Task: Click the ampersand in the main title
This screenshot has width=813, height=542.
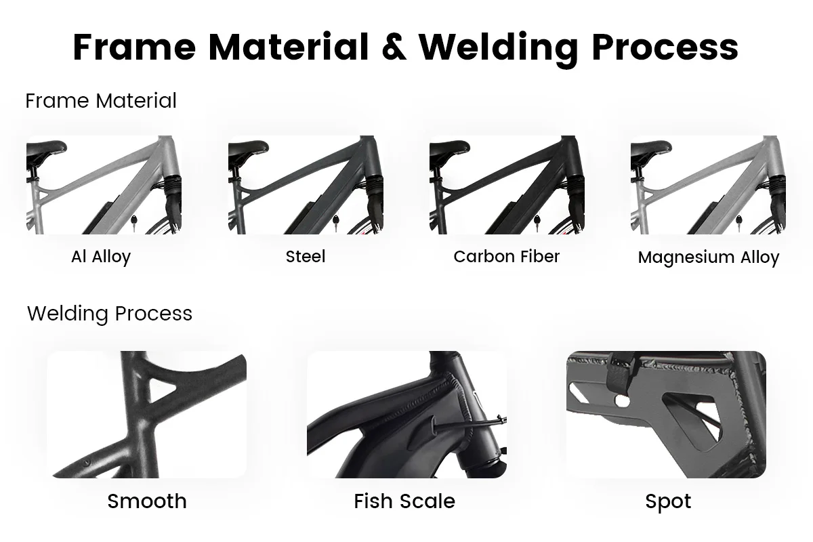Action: click(x=394, y=47)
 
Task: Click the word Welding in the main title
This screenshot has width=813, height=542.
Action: click(x=498, y=47)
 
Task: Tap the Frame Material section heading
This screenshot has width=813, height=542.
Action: click(x=101, y=101)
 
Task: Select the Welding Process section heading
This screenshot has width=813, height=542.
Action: click(x=110, y=314)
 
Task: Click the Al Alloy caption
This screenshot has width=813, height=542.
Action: click(x=101, y=257)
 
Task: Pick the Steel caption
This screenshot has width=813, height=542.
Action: click(x=306, y=257)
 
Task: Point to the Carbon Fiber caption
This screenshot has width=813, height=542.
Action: click(x=507, y=257)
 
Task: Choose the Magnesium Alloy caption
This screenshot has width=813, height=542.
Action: click(x=709, y=257)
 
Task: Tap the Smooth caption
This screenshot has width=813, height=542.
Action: click(x=147, y=501)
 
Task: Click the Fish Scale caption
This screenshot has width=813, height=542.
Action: click(x=404, y=501)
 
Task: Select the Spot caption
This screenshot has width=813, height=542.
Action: click(x=668, y=501)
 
